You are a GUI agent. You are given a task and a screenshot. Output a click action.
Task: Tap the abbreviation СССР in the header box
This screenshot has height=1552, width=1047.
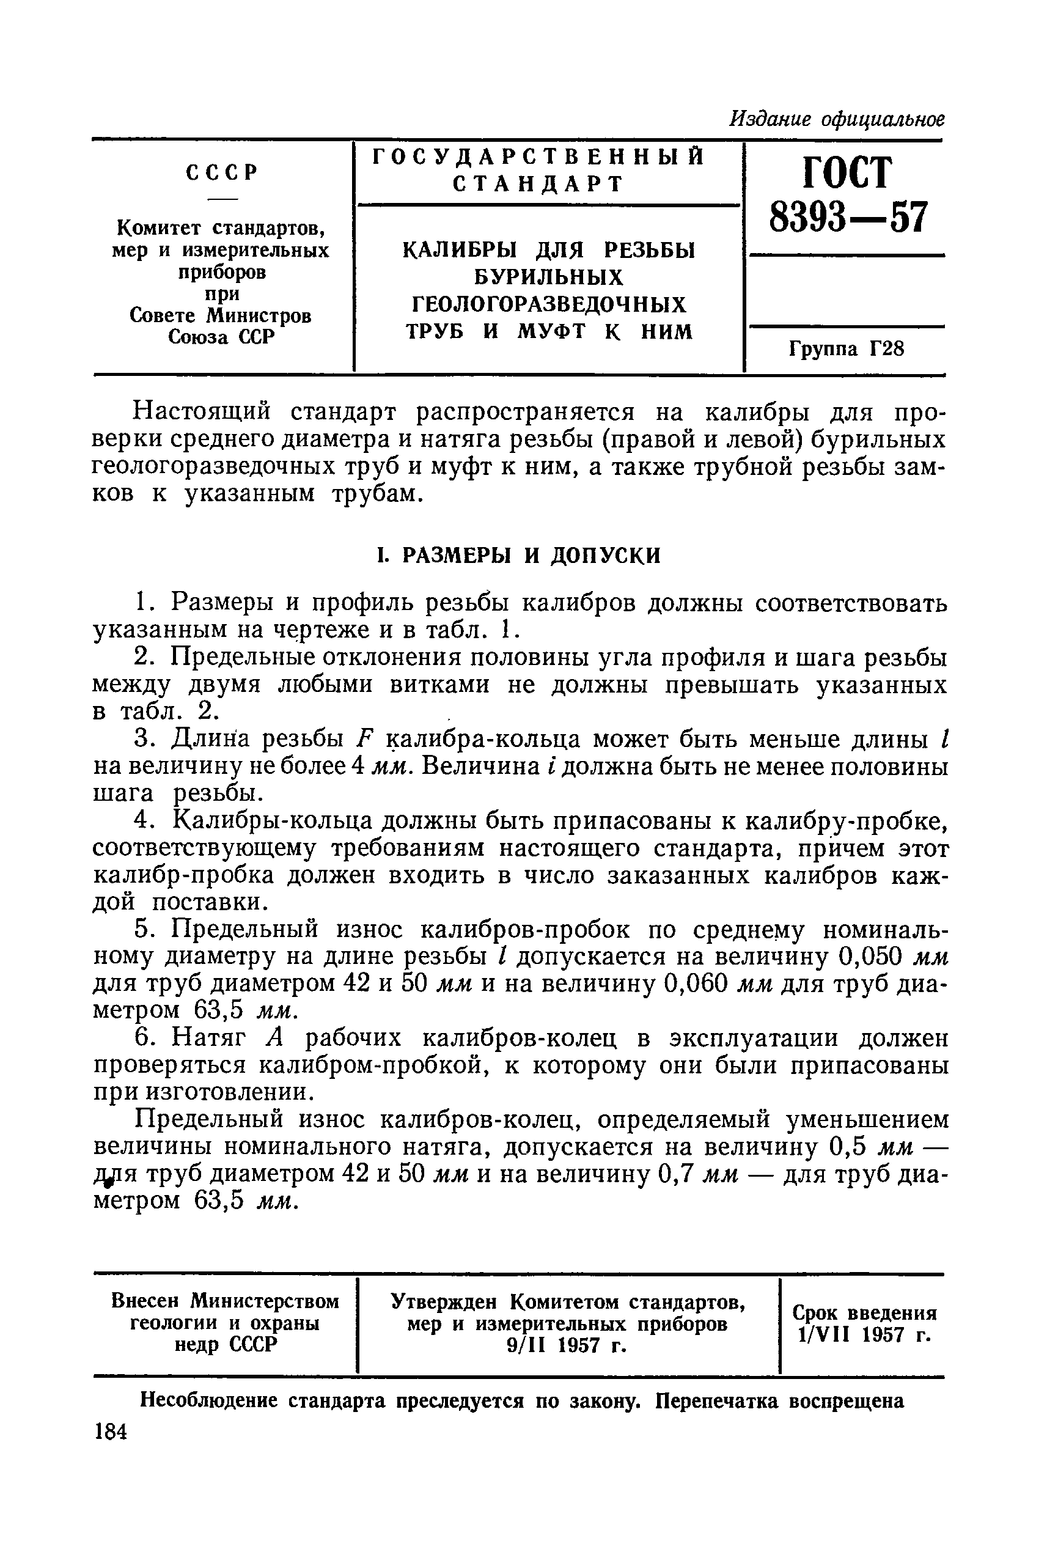click(222, 173)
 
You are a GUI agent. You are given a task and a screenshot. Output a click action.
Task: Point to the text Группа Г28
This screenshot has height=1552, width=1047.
click(846, 348)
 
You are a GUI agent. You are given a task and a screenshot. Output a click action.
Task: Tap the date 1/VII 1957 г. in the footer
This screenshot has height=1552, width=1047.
click(864, 1335)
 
